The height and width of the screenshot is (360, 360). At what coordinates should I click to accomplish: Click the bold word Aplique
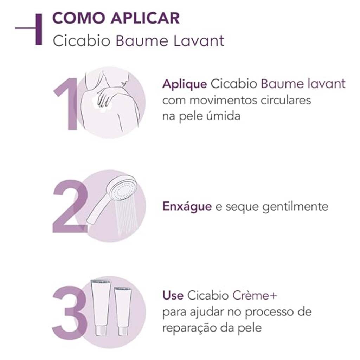click(x=184, y=84)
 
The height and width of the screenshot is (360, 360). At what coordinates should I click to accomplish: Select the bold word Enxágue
click(x=187, y=206)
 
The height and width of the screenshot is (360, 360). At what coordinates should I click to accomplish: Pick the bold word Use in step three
click(x=173, y=295)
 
